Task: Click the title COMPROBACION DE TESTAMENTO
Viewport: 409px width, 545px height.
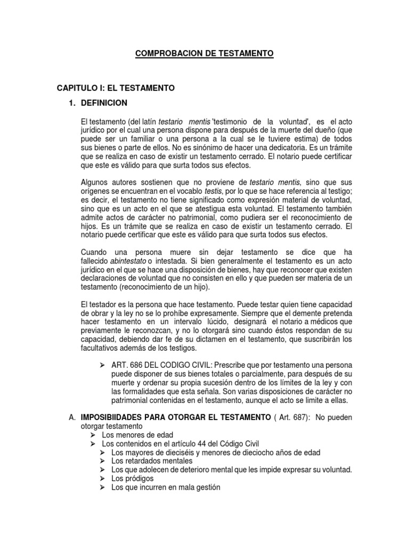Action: pos(204,53)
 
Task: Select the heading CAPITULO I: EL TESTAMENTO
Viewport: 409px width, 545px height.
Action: pos(116,87)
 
